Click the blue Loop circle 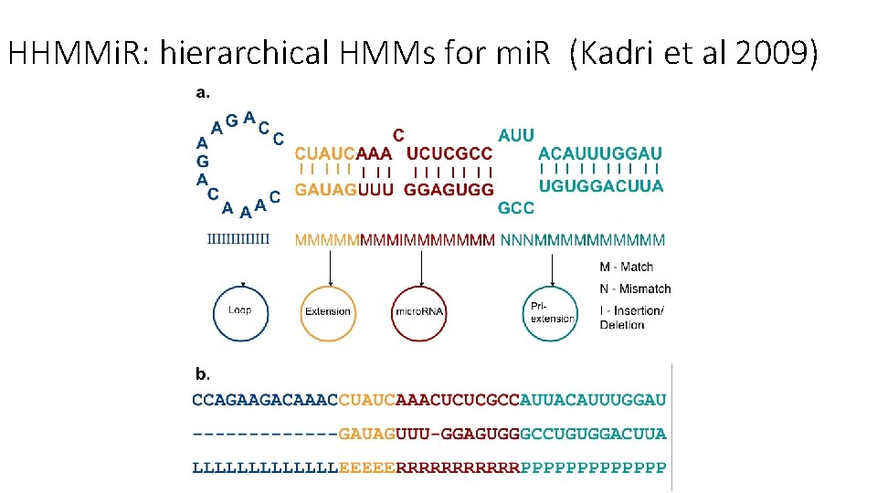pyautogui.click(x=239, y=311)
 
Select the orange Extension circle pyautogui.click(x=328, y=311)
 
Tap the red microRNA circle pyautogui.click(x=419, y=311)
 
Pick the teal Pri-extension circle pyautogui.click(x=552, y=311)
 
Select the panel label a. pyautogui.click(x=203, y=92)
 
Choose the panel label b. pyautogui.click(x=203, y=373)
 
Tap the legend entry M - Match pyautogui.click(x=627, y=267)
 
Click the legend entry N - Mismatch pyautogui.click(x=635, y=288)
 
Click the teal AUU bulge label pyautogui.click(x=516, y=135)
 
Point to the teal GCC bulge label pyautogui.click(x=516, y=208)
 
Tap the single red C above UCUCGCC pyautogui.click(x=399, y=135)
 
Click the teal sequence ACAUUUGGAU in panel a pyautogui.click(x=600, y=153)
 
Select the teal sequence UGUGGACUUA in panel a pyautogui.click(x=600, y=187)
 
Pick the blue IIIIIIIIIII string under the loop pyautogui.click(x=239, y=240)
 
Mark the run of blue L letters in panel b pyautogui.click(x=265, y=467)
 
